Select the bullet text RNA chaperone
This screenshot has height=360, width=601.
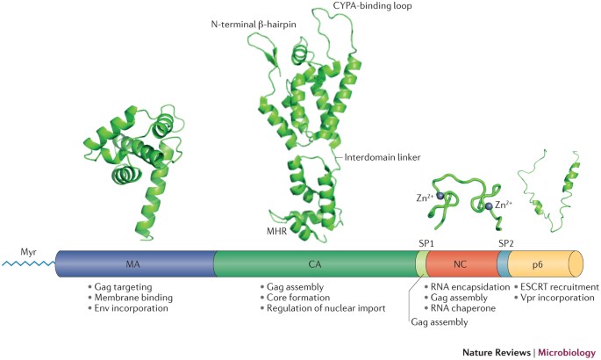click(x=464, y=309)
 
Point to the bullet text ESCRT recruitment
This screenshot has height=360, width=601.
click(x=560, y=287)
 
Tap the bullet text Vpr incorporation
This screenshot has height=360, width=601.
click(x=556, y=299)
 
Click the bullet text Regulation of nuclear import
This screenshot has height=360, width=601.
click(x=325, y=310)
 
